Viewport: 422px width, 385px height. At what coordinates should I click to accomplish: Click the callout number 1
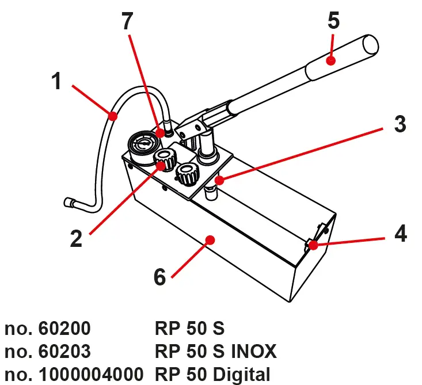56,82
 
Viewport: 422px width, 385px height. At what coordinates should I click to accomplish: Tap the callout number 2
76,238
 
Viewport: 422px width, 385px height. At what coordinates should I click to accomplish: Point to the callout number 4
400,234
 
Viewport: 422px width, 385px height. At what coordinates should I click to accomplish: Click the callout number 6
159,277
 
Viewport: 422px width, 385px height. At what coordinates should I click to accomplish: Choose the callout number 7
127,21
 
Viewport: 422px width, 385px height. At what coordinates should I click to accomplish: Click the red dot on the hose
113,117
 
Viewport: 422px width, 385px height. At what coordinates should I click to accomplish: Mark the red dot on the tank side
211,239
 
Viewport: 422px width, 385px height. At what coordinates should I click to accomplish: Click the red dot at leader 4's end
314,246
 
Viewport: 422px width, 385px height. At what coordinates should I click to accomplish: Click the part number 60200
64,329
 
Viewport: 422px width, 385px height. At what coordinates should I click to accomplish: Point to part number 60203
64,350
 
